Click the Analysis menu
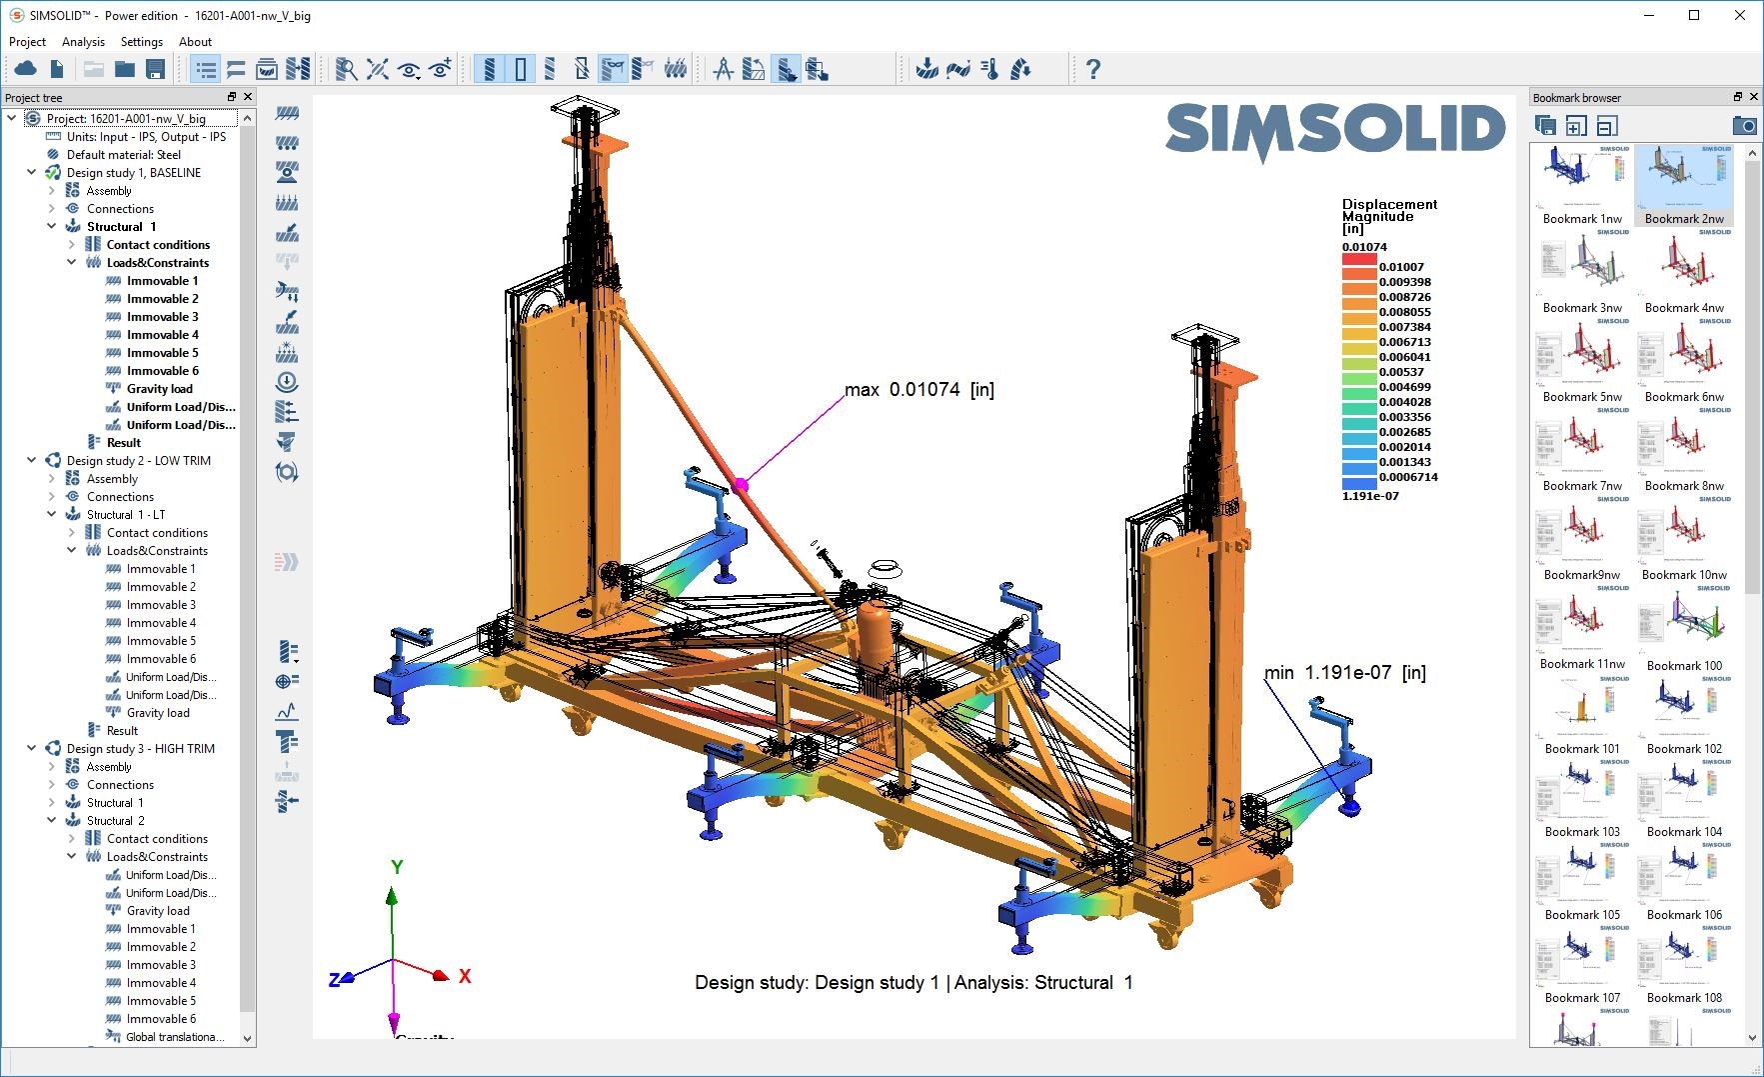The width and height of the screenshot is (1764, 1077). point(83,42)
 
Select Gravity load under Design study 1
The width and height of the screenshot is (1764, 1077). point(159,389)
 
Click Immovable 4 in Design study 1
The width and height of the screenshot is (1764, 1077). point(162,335)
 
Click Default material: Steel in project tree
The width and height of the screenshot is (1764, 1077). point(123,155)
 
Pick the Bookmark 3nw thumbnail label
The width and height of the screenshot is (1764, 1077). point(1582,308)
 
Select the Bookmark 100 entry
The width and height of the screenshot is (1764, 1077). point(1684,665)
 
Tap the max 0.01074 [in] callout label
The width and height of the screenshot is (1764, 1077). point(918,390)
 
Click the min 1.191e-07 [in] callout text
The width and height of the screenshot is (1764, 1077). point(1344,673)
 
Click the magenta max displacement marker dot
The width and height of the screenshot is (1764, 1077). point(741,485)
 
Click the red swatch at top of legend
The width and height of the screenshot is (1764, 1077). point(1358,260)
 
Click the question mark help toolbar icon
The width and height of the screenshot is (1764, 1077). point(1092,69)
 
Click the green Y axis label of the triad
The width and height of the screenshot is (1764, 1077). point(397,867)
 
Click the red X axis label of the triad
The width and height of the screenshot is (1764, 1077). point(465,976)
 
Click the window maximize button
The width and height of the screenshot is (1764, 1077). point(1694,15)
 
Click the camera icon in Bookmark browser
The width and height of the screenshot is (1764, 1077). point(1743,126)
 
